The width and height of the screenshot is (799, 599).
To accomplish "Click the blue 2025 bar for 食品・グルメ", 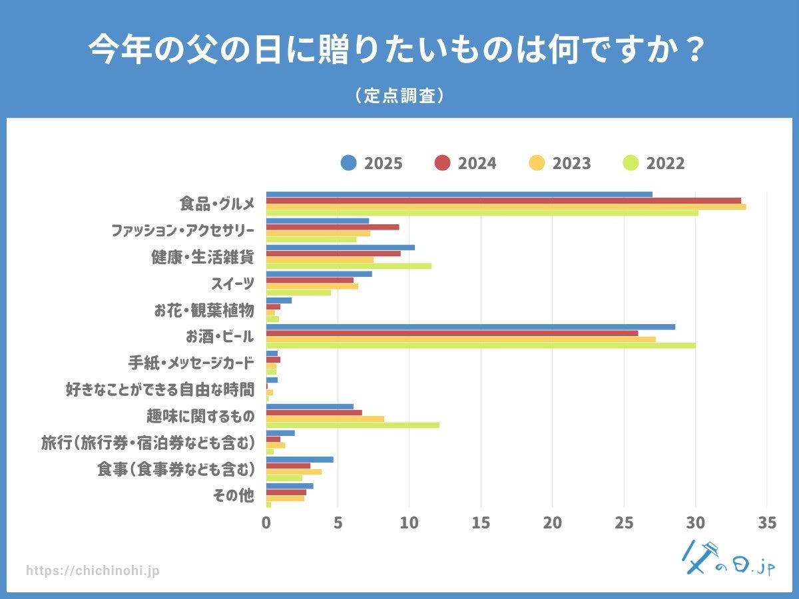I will pyautogui.click(x=459, y=194).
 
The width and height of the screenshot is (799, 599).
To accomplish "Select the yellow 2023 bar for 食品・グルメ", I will pyautogui.click(x=506, y=207).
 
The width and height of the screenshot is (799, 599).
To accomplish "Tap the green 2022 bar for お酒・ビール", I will pyautogui.click(x=481, y=345).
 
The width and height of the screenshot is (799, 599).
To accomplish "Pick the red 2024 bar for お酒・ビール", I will pyautogui.click(x=452, y=333).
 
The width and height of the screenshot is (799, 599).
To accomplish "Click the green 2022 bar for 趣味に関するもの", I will pyautogui.click(x=353, y=425).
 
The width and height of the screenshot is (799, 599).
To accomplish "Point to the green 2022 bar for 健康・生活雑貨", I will pyautogui.click(x=349, y=266).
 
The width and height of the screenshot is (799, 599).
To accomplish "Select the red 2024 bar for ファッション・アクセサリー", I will pyautogui.click(x=333, y=227).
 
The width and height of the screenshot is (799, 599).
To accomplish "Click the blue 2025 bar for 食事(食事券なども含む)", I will pyautogui.click(x=300, y=459).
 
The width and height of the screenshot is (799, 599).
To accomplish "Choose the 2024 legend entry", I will pyautogui.click(x=465, y=163).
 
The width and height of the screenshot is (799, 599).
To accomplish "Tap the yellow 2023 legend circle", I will pyautogui.click(x=537, y=163).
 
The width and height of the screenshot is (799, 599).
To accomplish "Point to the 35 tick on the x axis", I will pyautogui.click(x=767, y=523).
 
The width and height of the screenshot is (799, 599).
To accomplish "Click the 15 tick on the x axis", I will pyautogui.click(x=481, y=523).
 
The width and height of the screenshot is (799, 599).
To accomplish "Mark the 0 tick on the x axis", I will pyautogui.click(x=266, y=523).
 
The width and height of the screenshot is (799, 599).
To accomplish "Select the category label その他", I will pyautogui.click(x=234, y=496).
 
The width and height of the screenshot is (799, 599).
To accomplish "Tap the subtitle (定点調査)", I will pyautogui.click(x=400, y=96).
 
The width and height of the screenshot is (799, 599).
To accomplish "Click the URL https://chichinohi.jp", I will pyautogui.click(x=93, y=571).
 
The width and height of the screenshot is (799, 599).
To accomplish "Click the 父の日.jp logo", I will pyautogui.click(x=729, y=558).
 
